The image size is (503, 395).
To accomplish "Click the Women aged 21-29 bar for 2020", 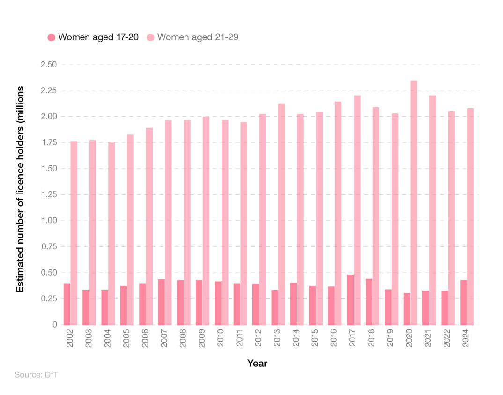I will pos(414,203).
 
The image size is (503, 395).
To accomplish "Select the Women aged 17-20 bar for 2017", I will pos(350,300).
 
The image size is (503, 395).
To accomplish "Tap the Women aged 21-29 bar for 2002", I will pos(74,233).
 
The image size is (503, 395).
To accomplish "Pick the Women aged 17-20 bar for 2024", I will pos(464,302).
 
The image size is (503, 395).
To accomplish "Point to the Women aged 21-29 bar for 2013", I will pos(281,214).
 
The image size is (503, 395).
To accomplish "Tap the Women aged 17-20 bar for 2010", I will pos(218,303).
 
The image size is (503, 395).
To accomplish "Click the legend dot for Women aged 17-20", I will pos(52,37).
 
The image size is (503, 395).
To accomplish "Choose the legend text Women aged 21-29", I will pos(198,37).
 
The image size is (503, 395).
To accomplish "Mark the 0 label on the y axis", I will pos(54,325).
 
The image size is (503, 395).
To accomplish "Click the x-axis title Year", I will pos(257,364).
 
